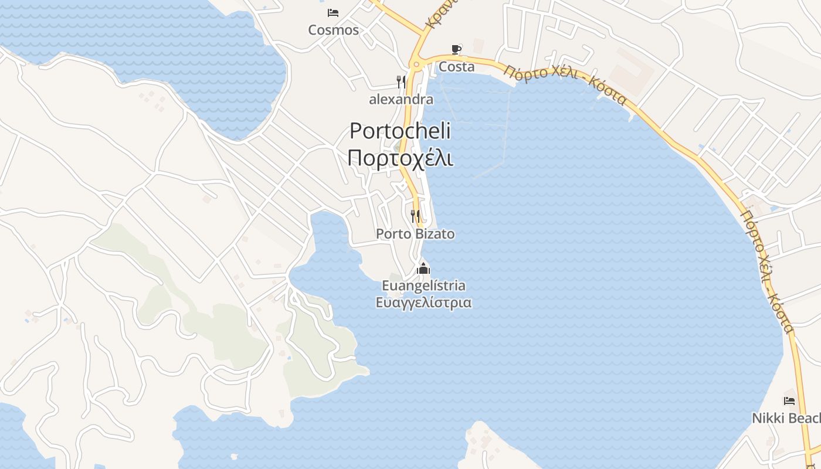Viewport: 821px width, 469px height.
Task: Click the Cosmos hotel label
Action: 333,30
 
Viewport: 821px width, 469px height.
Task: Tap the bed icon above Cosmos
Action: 333,12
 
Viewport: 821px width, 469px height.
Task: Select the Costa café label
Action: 456,67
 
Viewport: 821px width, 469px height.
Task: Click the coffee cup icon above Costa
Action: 456,49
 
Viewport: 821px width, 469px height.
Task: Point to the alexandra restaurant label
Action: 401,100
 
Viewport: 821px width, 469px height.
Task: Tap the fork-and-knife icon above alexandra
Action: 401,81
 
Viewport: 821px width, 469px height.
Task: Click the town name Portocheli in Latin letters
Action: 401,131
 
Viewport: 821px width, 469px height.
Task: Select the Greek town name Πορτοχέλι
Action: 401,158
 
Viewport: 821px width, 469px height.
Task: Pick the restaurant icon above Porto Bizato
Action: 415,216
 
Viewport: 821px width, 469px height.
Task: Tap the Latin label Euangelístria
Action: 423,286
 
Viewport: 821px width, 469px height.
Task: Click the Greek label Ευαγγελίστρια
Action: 423,303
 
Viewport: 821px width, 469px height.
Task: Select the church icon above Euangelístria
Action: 423,269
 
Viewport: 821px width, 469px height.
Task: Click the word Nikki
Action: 768,419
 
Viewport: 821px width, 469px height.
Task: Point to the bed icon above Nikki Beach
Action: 789,401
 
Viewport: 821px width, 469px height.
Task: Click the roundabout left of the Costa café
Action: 416,64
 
